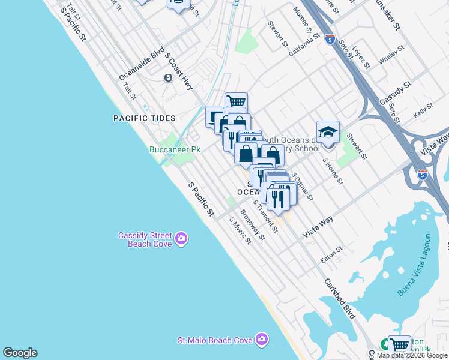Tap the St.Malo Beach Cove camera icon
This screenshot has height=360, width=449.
[261, 340]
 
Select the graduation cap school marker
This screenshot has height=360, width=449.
[328, 132]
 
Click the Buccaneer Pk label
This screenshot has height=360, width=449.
[175, 149]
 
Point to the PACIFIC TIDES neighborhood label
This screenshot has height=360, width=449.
[144, 118]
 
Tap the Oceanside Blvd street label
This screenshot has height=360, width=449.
[142, 64]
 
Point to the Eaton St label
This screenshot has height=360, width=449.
[331, 255]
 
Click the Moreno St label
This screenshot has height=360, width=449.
[303, 20]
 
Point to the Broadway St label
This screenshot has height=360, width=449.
[253, 225]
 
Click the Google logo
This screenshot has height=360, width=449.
[20, 353]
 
